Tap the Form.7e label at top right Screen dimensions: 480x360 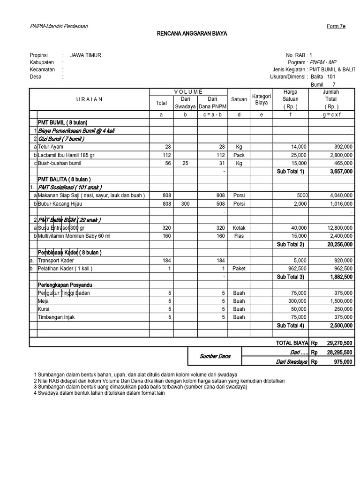coord(336,27)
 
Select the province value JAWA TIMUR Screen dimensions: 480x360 coord(86,55)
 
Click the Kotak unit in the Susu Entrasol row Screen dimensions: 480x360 coord(239,228)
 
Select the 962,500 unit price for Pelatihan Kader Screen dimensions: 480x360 coord(295,269)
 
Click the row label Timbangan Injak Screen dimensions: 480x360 coord(56,317)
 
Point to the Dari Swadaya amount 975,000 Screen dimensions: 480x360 coord(341,361)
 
